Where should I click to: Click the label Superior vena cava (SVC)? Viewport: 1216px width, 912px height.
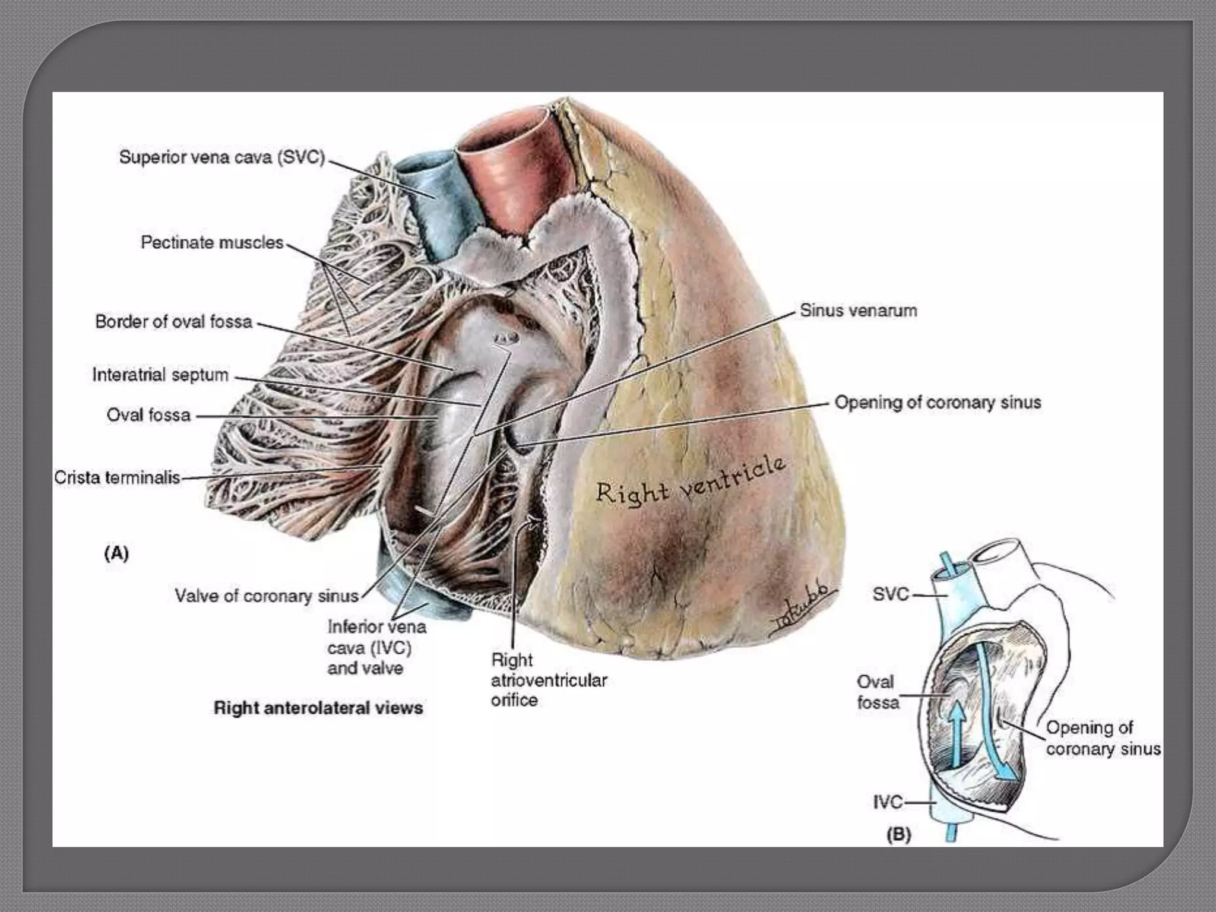[x=222, y=157]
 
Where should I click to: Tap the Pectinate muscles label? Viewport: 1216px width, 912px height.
[x=212, y=242]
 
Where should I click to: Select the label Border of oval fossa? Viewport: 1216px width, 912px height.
[x=173, y=322]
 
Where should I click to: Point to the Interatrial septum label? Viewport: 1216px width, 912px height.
[x=160, y=375]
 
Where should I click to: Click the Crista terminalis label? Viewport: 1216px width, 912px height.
[x=117, y=477]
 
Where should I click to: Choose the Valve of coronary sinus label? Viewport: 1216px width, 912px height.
[x=267, y=596]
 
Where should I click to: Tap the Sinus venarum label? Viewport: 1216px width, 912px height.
[x=858, y=310]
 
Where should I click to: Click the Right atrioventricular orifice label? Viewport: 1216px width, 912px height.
[x=548, y=680]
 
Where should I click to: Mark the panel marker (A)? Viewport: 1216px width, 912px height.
[x=116, y=553]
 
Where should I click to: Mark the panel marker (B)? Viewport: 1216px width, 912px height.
[x=898, y=834]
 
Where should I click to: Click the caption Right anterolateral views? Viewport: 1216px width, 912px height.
[x=318, y=708]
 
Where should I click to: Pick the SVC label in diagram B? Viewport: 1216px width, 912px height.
[x=891, y=594]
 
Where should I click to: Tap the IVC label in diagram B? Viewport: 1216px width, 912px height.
[x=888, y=802]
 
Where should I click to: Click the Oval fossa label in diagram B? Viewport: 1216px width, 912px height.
[x=877, y=692]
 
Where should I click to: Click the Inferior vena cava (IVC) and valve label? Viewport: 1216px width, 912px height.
[x=376, y=647]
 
